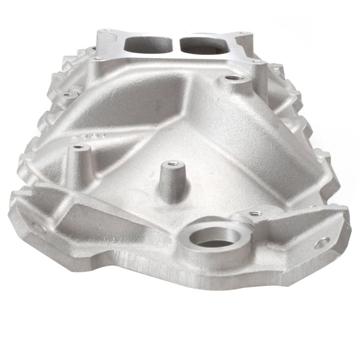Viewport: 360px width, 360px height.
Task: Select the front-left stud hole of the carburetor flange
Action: tap(96, 58)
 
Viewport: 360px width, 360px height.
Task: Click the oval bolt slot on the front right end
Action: tap(322, 244)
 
